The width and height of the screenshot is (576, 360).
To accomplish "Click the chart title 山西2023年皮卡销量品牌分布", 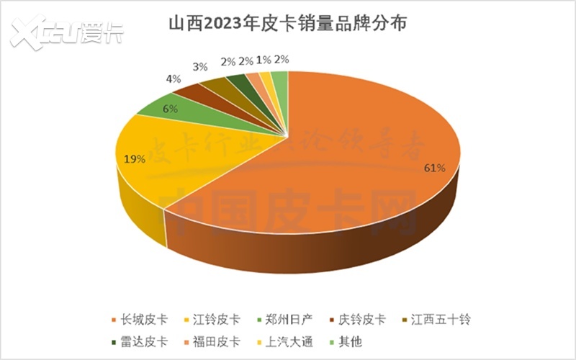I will pyautogui.click(x=288, y=23).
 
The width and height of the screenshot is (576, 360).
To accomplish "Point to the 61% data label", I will pyautogui.click(x=435, y=168).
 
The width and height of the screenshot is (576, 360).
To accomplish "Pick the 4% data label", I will pyautogui.click(x=173, y=79).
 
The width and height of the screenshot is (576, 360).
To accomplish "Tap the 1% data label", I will pyautogui.click(x=264, y=60).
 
